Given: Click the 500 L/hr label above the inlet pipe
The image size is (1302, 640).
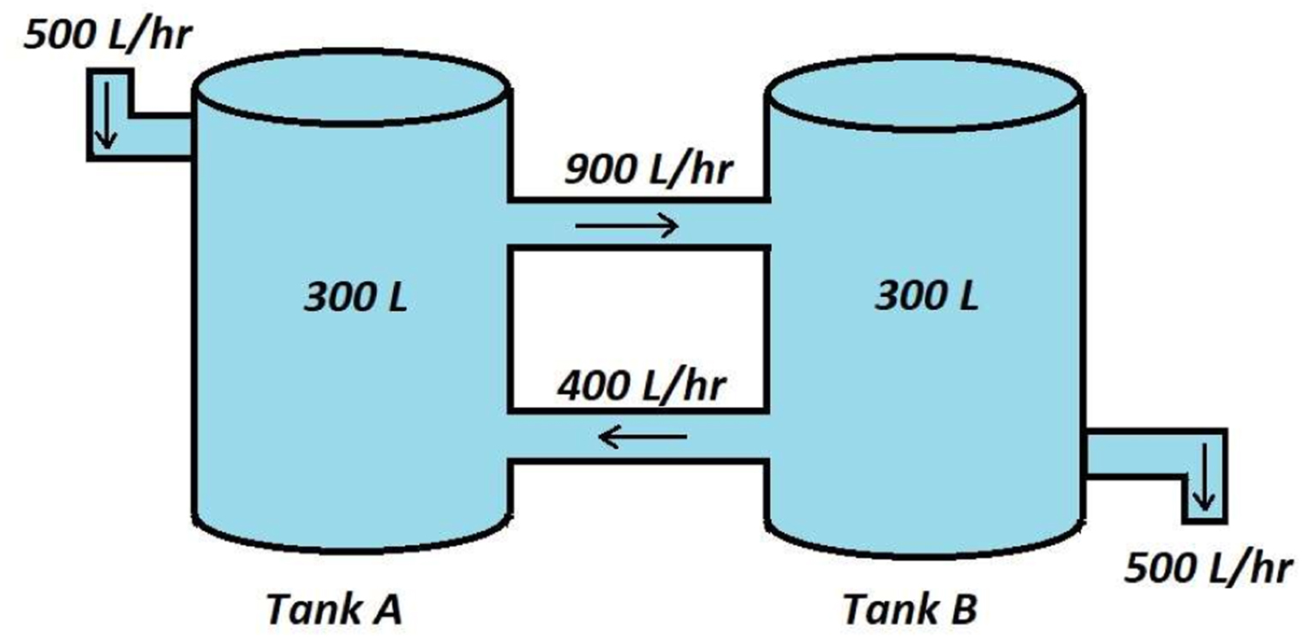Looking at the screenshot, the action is click(108, 34).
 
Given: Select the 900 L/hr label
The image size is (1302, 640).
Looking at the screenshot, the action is click(648, 170).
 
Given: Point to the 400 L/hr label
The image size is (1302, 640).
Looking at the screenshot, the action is click(642, 386).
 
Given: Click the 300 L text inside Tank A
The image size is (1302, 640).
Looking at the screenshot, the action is click(355, 297).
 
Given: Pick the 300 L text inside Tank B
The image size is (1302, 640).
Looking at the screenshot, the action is click(927, 296).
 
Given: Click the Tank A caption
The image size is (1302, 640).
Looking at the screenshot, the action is click(334, 609).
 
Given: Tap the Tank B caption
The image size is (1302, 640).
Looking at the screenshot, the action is click(911, 609).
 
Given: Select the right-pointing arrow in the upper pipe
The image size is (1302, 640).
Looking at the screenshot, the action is click(627, 225).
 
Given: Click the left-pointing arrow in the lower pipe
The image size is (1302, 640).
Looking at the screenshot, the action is click(642, 437).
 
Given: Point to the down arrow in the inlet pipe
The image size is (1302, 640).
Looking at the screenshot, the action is click(106, 116).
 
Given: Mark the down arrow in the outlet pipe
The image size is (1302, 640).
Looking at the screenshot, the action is click(1203, 477).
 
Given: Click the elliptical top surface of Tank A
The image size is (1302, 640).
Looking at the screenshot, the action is click(351, 87).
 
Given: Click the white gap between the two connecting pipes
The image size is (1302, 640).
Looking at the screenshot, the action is click(639, 328).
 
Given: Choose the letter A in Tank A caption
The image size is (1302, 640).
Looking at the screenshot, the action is click(385, 609).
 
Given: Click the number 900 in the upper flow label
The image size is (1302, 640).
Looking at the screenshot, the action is click(601, 170).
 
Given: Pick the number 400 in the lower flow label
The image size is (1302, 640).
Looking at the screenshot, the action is click(594, 386).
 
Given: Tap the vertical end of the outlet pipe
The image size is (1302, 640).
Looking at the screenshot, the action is click(1205, 476).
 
